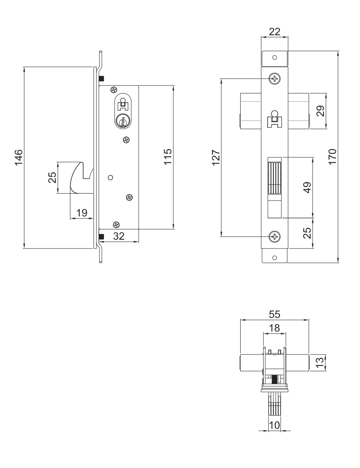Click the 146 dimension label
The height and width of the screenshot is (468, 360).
tap(19, 157)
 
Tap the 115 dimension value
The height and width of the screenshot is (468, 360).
tap(168, 156)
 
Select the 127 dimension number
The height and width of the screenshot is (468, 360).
tap(216, 157)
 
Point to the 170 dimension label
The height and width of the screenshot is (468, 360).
tap(332, 156)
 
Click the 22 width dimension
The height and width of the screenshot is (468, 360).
tap(275, 31)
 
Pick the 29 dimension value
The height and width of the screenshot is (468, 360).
tap(320, 111)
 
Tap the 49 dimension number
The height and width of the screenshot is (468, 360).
tap(307, 187)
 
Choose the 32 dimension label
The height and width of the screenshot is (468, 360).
tap(119, 236)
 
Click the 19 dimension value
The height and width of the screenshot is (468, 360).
tap(81, 213)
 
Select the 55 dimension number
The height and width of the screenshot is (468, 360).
tap(275, 314)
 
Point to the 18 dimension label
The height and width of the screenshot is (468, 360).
tap(274, 328)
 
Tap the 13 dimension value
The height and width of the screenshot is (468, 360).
tap(319, 362)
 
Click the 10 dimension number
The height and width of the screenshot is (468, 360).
tap(274, 425)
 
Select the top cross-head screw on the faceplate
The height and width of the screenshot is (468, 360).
tap(275, 79)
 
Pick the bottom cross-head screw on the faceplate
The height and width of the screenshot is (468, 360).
tap(275, 237)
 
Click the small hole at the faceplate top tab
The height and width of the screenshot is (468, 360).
tap(275, 57)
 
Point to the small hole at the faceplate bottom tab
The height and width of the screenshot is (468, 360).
tap(275, 258)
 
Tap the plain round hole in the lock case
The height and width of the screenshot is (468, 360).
tap(110, 178)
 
